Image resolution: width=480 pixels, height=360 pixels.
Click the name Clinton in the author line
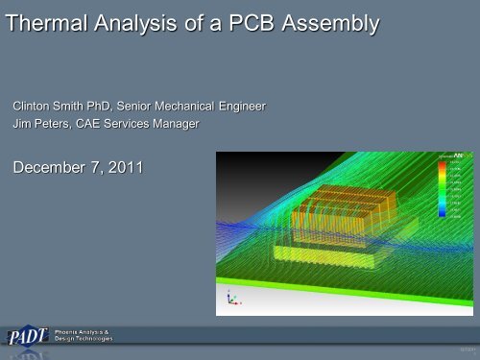(32, 104)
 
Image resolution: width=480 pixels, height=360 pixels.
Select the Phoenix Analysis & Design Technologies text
(84, 337)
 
